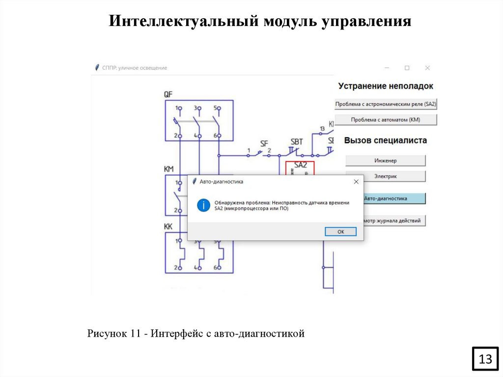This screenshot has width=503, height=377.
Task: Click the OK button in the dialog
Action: (x=340, y=232)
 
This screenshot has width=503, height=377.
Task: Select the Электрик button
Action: (x=386, y=176)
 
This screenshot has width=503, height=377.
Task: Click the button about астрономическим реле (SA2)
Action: (x=386, y=104)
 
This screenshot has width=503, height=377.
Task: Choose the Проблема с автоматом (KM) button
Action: (x=386, y=119)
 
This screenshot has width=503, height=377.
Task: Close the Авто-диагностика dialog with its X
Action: (x=356, y=181)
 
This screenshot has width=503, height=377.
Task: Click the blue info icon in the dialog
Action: (x=203, y=205)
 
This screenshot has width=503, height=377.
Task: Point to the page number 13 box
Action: (x=485, y=359)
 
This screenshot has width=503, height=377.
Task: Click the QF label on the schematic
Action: (x=168, y=94)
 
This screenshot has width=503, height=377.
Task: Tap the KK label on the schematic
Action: (x=168, y=227)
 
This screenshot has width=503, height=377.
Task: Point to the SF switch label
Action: (x=264, y=144)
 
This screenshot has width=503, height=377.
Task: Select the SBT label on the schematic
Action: (x=297, y=142)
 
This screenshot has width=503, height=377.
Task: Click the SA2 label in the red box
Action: (x=300, y=165)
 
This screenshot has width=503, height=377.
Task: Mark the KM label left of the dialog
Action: (x=169, y=169)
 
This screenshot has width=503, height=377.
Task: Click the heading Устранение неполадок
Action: (x=386, y=86)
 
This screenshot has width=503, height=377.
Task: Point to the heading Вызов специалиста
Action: (x=386, y=140)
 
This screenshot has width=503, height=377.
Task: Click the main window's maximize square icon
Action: (x=407, y=68)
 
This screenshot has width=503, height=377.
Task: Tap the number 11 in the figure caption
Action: (x=136, y=334)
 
